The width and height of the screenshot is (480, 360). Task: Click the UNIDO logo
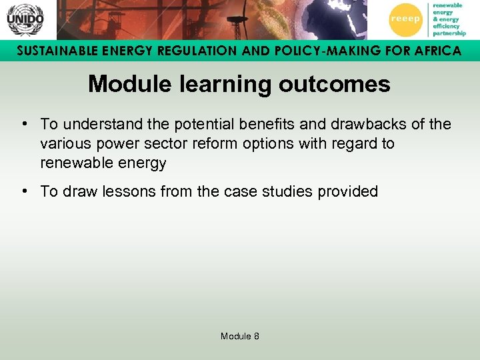(25, 19)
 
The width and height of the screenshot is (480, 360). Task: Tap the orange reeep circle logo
(405, 19)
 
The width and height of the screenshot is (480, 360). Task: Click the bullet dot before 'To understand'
(24, 124)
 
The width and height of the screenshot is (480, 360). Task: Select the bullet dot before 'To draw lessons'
(24, 191)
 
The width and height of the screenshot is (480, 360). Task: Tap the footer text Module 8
(240, 336)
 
